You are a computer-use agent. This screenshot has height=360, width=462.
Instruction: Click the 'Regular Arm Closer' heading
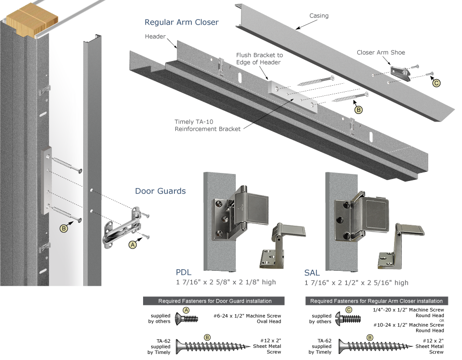click(181, 23)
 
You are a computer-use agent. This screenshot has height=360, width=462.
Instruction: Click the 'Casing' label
click(318, 16)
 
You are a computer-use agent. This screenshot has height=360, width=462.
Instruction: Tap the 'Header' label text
click(155, 37)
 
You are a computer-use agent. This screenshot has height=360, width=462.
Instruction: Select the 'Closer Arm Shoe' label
click(380, 52)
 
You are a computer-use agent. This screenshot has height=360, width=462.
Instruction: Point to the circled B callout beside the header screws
click(359, 109)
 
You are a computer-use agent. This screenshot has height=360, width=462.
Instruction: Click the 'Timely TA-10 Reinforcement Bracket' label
click(208, 126)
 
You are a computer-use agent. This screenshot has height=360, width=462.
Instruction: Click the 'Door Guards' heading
click(160, 191)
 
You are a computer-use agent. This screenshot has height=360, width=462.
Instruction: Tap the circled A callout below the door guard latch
click(133, 245)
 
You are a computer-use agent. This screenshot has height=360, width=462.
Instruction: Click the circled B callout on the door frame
click(64, 228)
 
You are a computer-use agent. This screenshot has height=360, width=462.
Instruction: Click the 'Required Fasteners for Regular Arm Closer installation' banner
click(377, 301)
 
